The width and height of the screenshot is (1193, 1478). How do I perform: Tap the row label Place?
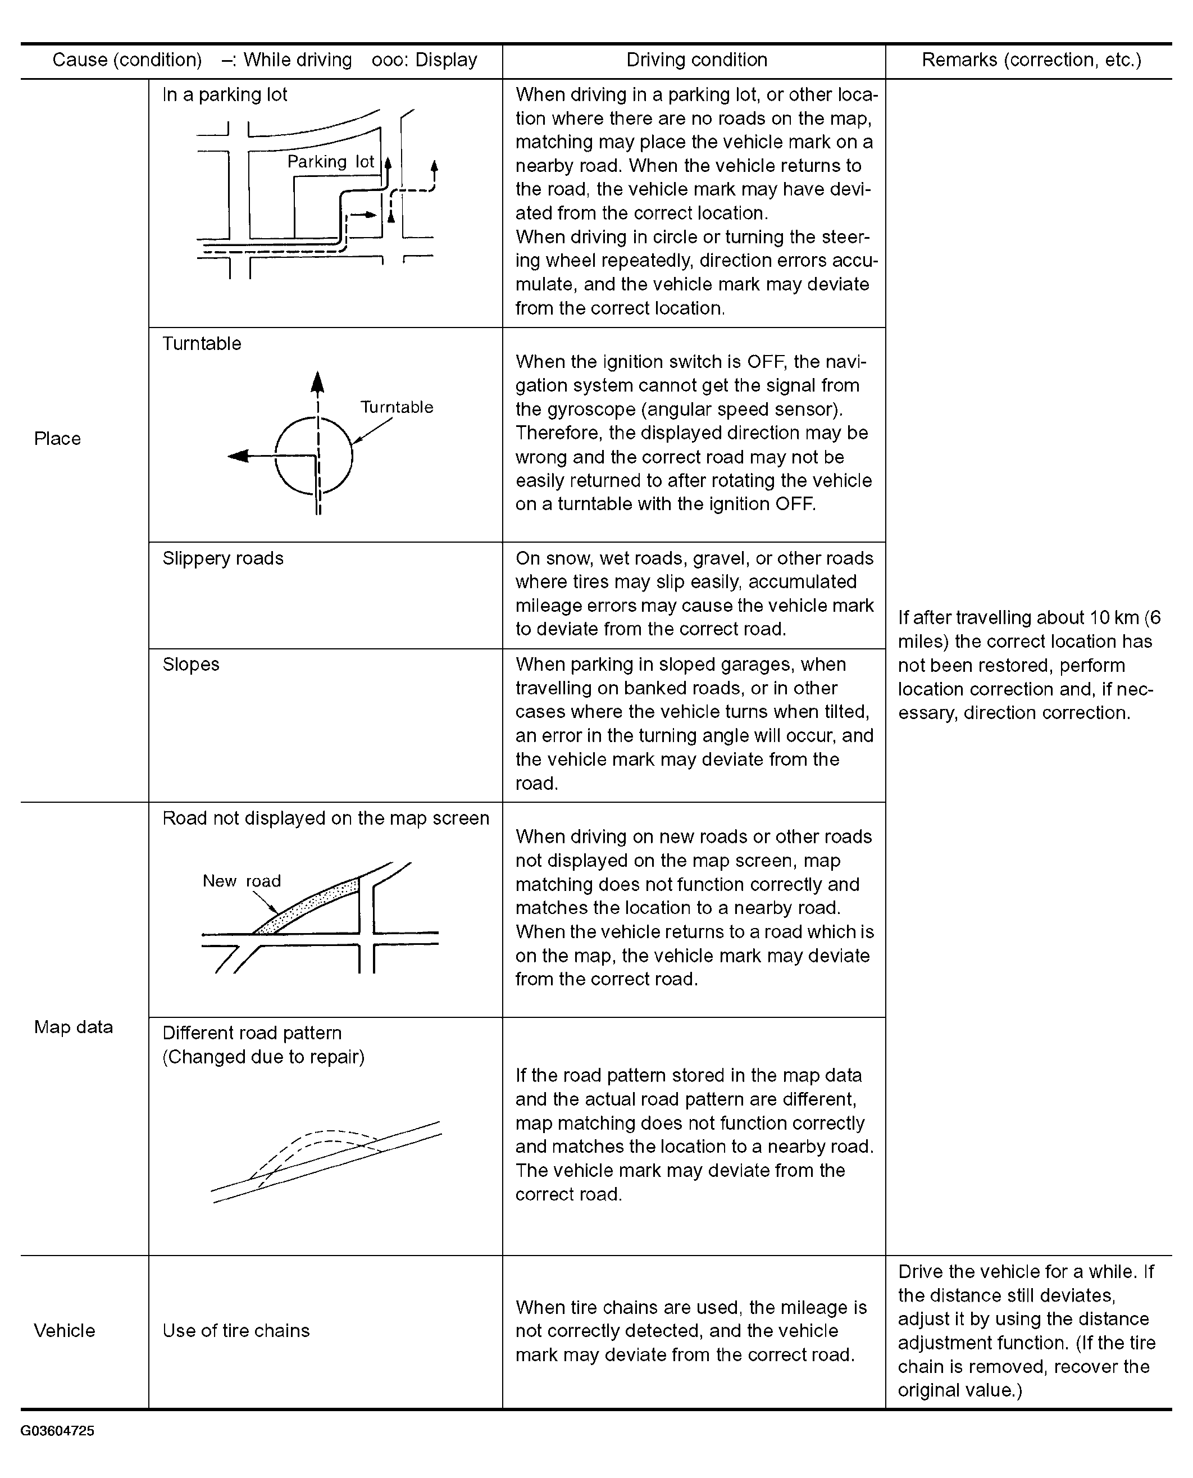58,438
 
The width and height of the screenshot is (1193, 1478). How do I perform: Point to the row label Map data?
74,1026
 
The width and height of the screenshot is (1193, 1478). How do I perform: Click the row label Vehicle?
65,1330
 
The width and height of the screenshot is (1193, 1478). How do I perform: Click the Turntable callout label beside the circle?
397,407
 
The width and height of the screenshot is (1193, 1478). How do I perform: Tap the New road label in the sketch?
241,881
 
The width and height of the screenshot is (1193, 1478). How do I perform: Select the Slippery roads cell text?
222,558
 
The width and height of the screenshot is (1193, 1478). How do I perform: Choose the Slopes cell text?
191,665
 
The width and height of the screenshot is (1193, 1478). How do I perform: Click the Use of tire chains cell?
236,1330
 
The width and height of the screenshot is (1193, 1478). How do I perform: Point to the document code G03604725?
58,1431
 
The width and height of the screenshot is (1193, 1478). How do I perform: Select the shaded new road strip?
309,906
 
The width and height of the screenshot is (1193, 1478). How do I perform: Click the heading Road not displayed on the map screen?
326,818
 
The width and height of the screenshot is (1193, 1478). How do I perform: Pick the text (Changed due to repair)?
263,1057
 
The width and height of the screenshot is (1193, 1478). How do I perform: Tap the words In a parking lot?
225,95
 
